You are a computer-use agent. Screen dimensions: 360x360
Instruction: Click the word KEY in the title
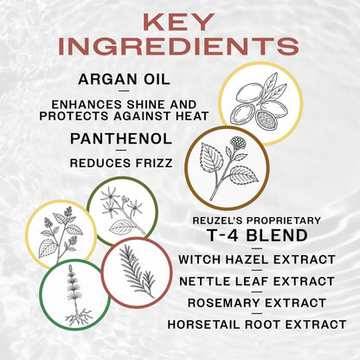pos(179,20)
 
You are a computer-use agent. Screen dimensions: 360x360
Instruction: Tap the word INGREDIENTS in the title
pos(179,45)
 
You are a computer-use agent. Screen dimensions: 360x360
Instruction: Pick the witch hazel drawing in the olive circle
pos(122,211)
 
